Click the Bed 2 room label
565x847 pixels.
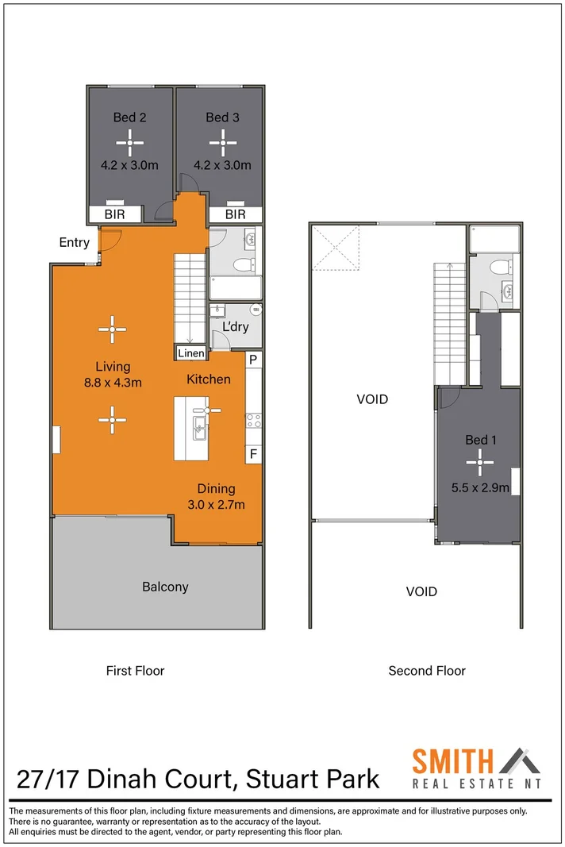[x=129, y=117]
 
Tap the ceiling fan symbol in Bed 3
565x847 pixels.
[x=222, y=143]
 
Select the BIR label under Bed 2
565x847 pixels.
[x=114, y=214]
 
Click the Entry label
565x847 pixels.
[x=74, y=243]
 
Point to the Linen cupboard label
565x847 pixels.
[x=191, y=353]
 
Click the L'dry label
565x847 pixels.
[x=236, y=327]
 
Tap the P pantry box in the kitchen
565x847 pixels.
[x=253, y=360]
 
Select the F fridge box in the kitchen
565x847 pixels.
[x=253, y=454]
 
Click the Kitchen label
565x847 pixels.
[x=209, y=379]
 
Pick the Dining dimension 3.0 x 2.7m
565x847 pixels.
[x=216, y=505]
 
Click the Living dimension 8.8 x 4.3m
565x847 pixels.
[x=113, y=383]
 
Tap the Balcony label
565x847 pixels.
[x=165, y=587]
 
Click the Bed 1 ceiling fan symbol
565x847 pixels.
[x=479, y=462]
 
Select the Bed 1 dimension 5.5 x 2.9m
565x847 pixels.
[x=480, y=487]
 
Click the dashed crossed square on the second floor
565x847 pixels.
[x=336, y=248]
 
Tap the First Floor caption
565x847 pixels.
[x=135, y=670]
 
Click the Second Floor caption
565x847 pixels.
[x=427, y=670]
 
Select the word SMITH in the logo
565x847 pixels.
[x=453, y=761]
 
